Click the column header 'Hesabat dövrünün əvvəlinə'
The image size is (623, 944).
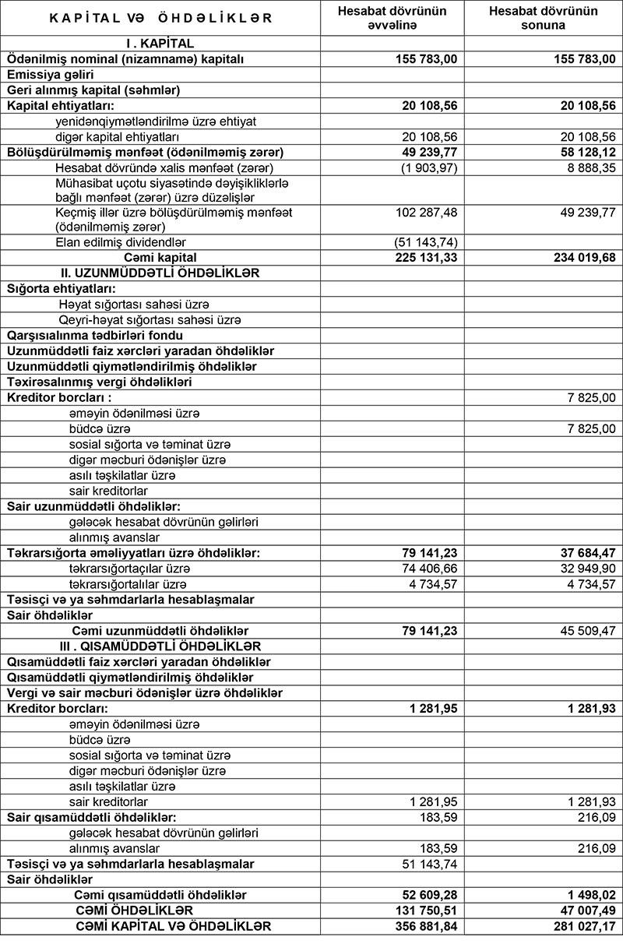392,18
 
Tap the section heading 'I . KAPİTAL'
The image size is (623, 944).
160,44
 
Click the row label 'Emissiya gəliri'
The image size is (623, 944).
50,75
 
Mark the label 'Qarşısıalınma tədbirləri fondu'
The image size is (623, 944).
95,335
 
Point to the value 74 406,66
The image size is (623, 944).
428,568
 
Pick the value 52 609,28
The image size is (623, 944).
426,894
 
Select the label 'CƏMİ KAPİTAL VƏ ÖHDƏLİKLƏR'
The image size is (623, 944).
173,925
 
